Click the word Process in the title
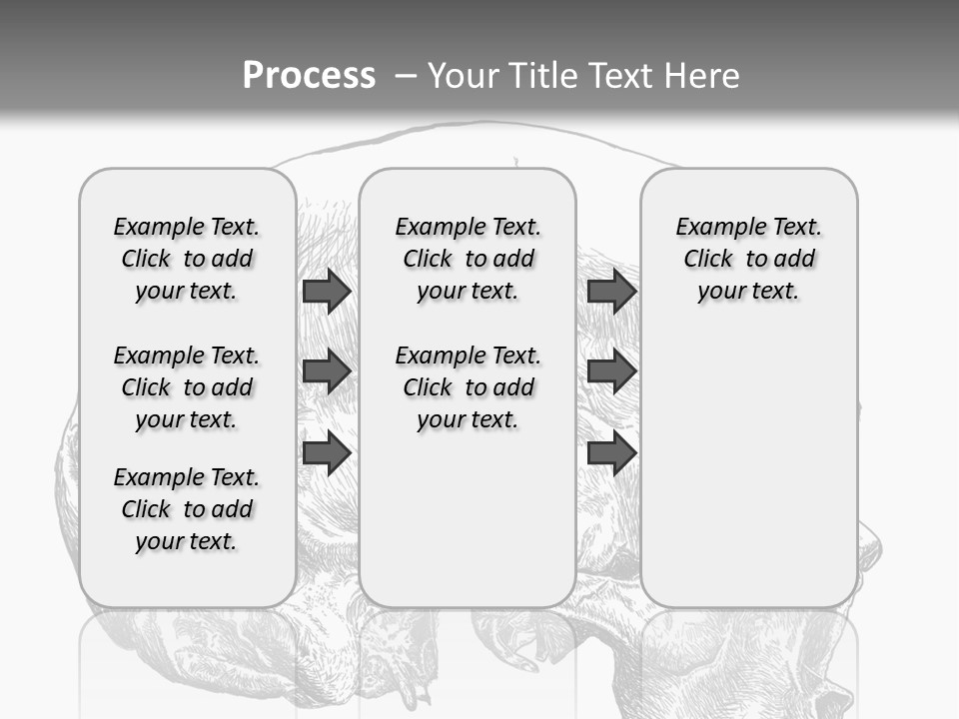point(309,75)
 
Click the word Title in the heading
point(542,75)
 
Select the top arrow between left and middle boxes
point(326,292)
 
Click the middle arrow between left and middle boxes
point(326,372)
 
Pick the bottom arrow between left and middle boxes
point(326,452)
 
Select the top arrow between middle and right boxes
point(611,292)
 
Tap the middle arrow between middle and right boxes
point(611,372)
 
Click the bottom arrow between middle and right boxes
point(611,452)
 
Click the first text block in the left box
point(187,259)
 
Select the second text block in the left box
point(187,387)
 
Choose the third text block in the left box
point(187,509)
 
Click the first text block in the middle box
point(468,259)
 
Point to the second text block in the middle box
point(468,387)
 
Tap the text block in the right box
point(749,259)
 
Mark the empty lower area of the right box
point(749,469)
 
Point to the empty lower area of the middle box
point(468,529)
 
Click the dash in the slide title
point(405,75)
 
